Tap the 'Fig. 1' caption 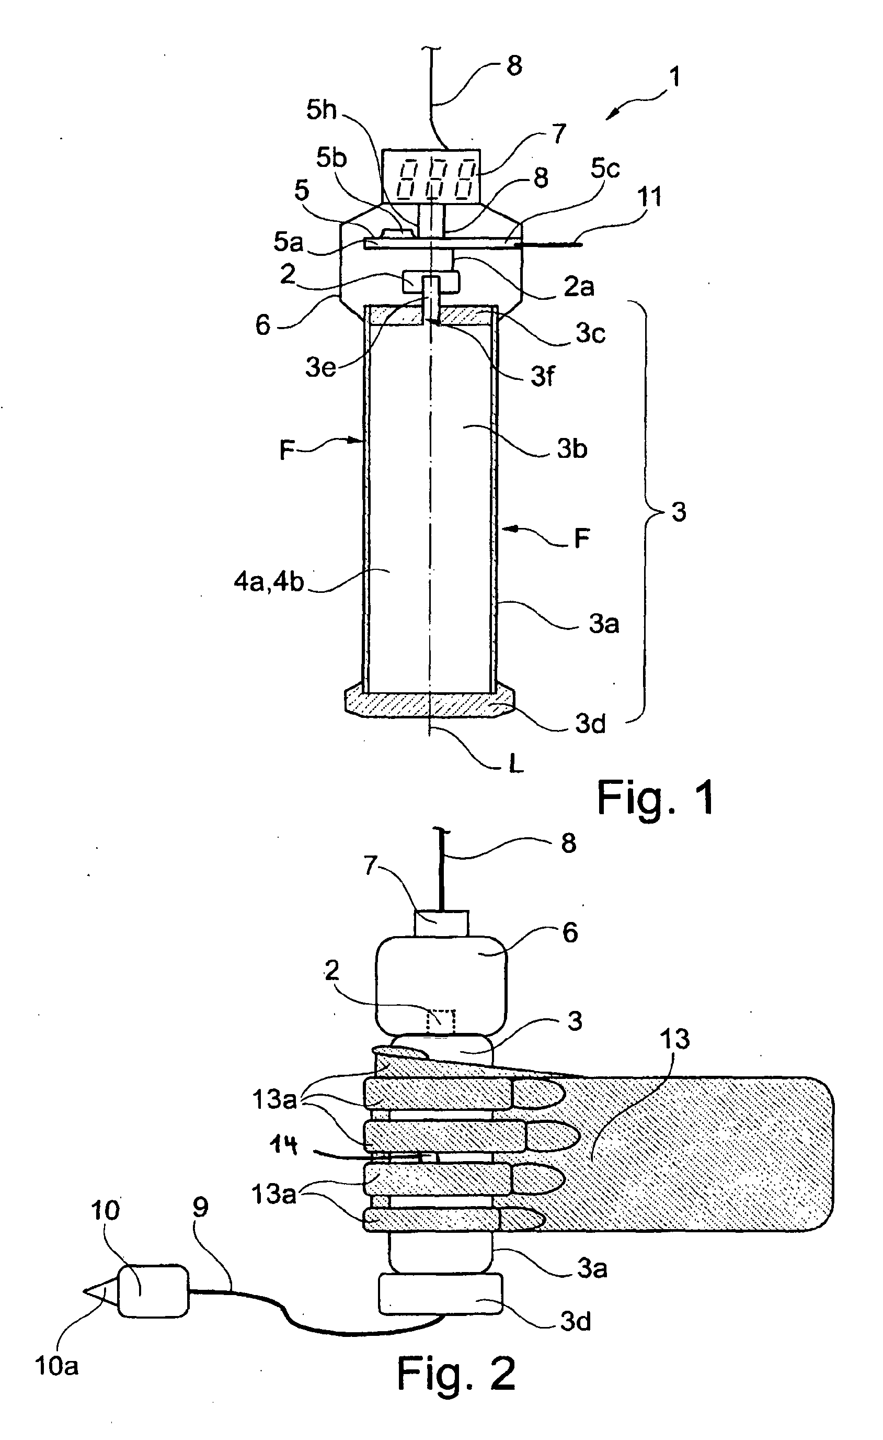pos(655,798)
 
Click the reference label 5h pos(322,110)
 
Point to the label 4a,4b pos(269,582)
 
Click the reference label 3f pos(542,376)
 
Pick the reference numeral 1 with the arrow pos(674,76)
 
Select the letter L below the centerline pos(515,764)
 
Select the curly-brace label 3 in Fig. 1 pos(679,512)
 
